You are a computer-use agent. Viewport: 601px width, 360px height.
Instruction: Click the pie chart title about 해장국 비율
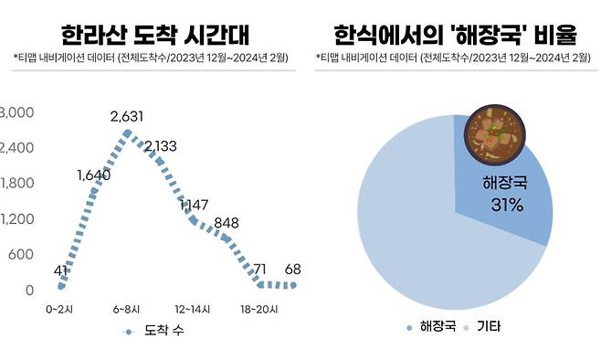point(453,36)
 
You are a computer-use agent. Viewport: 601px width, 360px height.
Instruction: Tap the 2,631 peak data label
point(128,117)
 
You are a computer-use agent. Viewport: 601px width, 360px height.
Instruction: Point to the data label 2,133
point(161,146)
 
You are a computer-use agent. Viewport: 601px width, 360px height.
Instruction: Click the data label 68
point(292,270)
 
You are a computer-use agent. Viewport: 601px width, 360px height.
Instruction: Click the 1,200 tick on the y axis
point(16,219)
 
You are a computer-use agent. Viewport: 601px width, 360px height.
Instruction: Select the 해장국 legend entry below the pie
point(431,326)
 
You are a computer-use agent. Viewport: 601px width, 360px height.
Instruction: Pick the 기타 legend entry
point(483,326)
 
